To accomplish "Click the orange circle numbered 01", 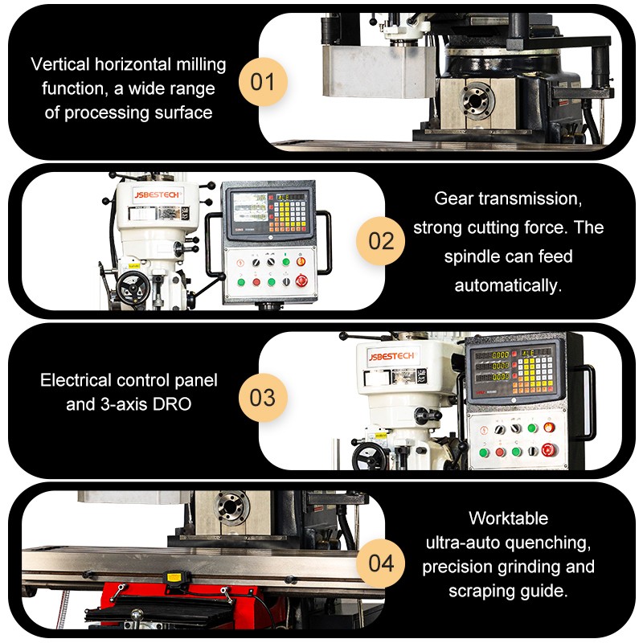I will pos(263,82).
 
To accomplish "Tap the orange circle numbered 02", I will pos(381,240).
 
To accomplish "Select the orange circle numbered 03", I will pos(263,398).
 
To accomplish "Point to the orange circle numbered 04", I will pos(381,563).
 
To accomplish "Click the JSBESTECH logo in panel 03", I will pos(391,356).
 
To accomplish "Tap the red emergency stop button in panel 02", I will pos(302,281).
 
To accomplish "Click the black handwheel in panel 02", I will pos(129,289).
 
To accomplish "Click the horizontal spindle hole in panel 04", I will pos(231,508).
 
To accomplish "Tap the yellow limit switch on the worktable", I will pos(170,576).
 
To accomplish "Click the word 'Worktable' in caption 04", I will pos(508,518).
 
